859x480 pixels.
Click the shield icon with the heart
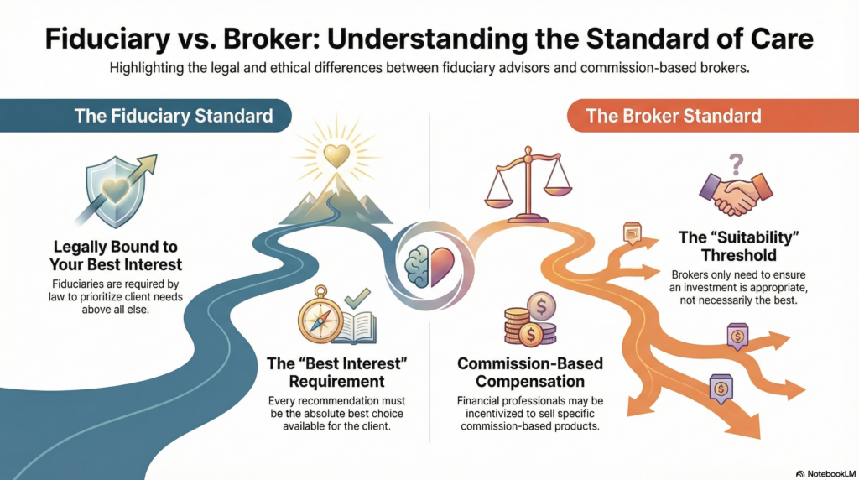[x=112, y=195]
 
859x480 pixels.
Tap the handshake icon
[x=738, y=195]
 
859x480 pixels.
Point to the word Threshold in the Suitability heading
[x=737, y=255]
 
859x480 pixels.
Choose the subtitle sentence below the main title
[x=429, y=69]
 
